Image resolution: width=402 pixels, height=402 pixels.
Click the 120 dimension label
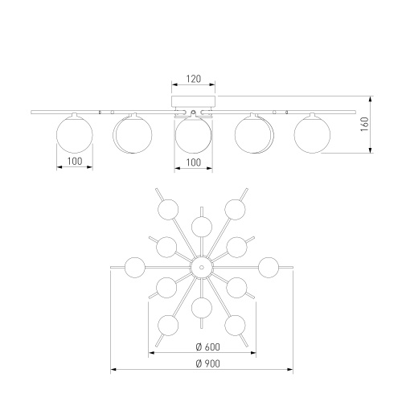pos(194,79)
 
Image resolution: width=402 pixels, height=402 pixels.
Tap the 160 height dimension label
pos(365,124)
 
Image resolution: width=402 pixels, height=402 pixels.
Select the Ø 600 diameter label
pos(208,347)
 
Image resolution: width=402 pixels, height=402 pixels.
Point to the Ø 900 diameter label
pos(208,363)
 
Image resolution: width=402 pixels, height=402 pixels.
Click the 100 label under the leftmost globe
pos(75,162)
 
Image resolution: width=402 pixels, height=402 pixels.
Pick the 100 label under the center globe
pos(193,162)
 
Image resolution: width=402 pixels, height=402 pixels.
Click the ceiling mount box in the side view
pos(193,101)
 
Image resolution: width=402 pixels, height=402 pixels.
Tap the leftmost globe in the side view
pos(75,134)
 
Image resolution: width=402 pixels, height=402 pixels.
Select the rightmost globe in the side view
pos(312,134)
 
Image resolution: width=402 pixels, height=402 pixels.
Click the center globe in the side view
pos(193,135)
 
